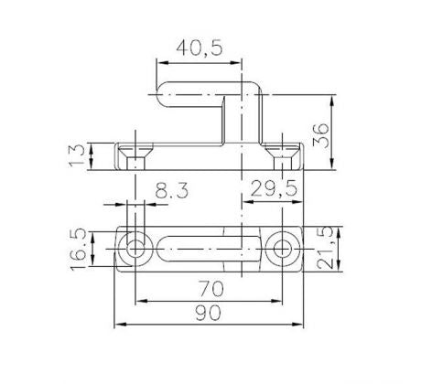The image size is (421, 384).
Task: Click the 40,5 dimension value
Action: pyautogui.click(x=200, y=48)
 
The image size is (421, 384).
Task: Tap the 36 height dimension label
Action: pyautogui.click(x=321, y=135)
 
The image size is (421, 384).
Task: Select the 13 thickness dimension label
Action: pyautogui.click(x=76, y=155)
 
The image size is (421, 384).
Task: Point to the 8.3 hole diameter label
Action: pyautogui.click(x=172, y=190)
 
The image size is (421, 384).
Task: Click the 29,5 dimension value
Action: pyautogui.click(x=274, y=188)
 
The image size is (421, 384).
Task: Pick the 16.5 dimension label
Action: pyautogui.click(x=78, y=249)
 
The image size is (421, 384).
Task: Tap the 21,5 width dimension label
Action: pyautogui.click(x=324, y=248)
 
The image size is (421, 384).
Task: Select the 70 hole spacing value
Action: pyautogui.click(x=211, y=289)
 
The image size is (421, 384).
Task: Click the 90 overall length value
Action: pyautogui.click(x=208, y=313)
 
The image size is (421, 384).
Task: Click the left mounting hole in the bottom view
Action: pyautogui.click(x=135, y=249)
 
